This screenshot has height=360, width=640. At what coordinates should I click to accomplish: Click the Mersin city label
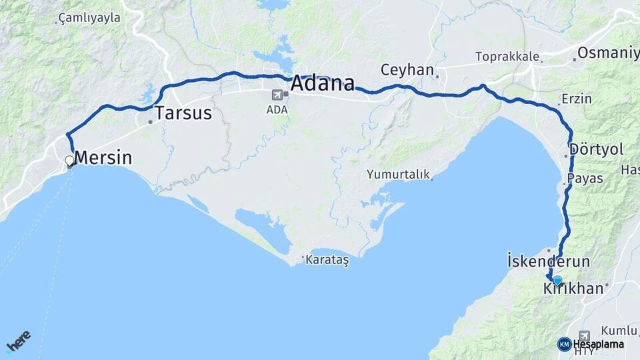click(103, 158)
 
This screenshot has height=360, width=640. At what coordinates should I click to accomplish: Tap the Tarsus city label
click(183, 113)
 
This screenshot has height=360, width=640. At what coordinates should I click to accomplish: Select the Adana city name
click(323, 84)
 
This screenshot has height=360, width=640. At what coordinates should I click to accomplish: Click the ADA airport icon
click(277, 96)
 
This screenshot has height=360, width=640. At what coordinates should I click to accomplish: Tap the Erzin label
click(577, 99)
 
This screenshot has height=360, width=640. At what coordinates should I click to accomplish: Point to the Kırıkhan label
click(573, 289)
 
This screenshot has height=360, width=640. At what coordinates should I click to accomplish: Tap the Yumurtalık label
click(397, 175)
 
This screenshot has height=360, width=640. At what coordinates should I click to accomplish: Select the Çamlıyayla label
click(90, 18)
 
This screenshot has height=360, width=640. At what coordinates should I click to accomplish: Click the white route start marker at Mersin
click(69, 161)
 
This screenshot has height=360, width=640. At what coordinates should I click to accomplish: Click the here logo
click(18, 341)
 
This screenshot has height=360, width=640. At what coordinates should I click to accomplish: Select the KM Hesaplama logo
click(591, 344)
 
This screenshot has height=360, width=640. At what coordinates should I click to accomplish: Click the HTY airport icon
click(585, 336)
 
